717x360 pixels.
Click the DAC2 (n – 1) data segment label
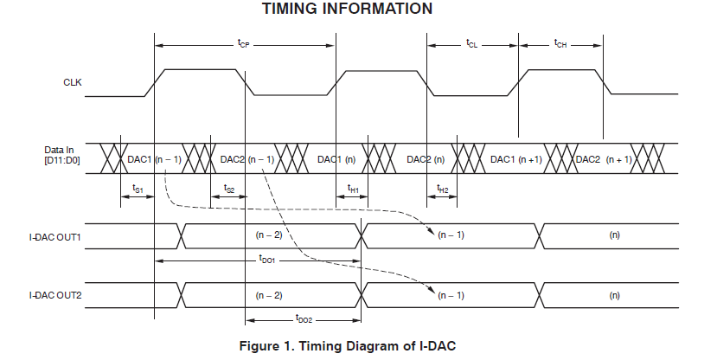(247, 159)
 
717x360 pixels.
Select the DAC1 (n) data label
(337, 159)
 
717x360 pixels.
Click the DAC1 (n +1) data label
(516, 159)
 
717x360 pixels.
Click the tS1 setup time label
(137, 189)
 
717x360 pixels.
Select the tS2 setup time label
(229, 189)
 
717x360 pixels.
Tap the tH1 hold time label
(353, 189)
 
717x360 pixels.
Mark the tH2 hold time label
(442, 189)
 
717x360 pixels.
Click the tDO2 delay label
(303, 319)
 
